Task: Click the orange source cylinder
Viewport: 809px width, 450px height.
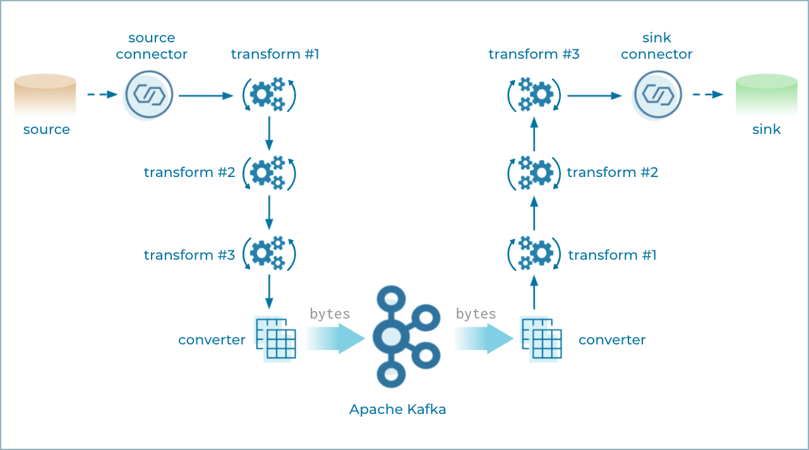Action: click(45, 95)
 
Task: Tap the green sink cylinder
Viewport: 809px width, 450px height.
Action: click(767, 95)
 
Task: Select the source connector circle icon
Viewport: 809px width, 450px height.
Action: click(149, 95)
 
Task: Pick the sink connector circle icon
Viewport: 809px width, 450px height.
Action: click(658, 95)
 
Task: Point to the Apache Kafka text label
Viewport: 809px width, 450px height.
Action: click(397, 410)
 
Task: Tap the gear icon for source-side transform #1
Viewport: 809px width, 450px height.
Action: click(269, 95)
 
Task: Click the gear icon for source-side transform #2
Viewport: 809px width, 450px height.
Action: click(269, 172)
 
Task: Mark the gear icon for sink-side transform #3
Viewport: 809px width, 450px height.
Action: click(534, 95)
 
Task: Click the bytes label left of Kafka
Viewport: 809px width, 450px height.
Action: click(330, 314)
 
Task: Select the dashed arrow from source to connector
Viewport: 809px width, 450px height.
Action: click(102, 95)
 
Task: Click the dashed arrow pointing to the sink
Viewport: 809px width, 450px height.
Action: click(708, 95)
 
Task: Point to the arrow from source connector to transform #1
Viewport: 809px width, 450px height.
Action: click(206, 96)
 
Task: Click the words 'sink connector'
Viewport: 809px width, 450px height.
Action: click(657, 46)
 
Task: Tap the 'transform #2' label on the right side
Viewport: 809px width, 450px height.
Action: click(612, 172)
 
